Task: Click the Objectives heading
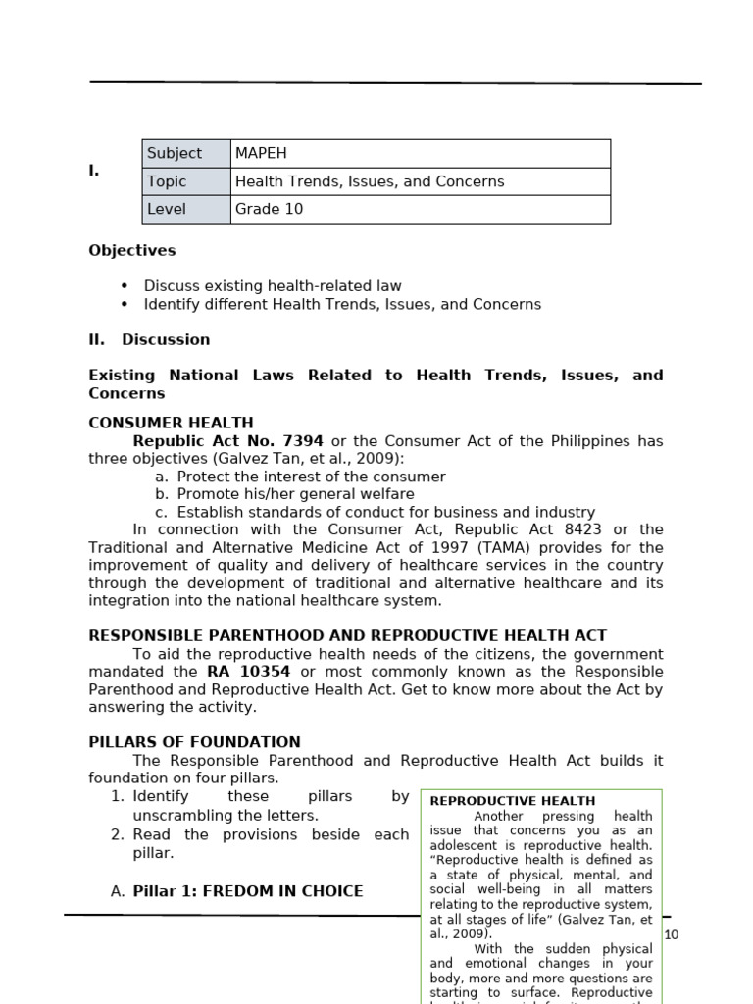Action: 132,250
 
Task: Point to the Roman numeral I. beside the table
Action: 94,171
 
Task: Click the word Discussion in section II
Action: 166,339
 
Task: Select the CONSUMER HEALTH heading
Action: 171,423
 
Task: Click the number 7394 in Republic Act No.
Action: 303,441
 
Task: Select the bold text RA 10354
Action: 248,672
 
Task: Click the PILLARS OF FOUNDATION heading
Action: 194,742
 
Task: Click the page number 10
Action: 671,934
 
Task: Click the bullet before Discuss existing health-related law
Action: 125,286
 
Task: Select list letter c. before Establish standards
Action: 161,512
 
